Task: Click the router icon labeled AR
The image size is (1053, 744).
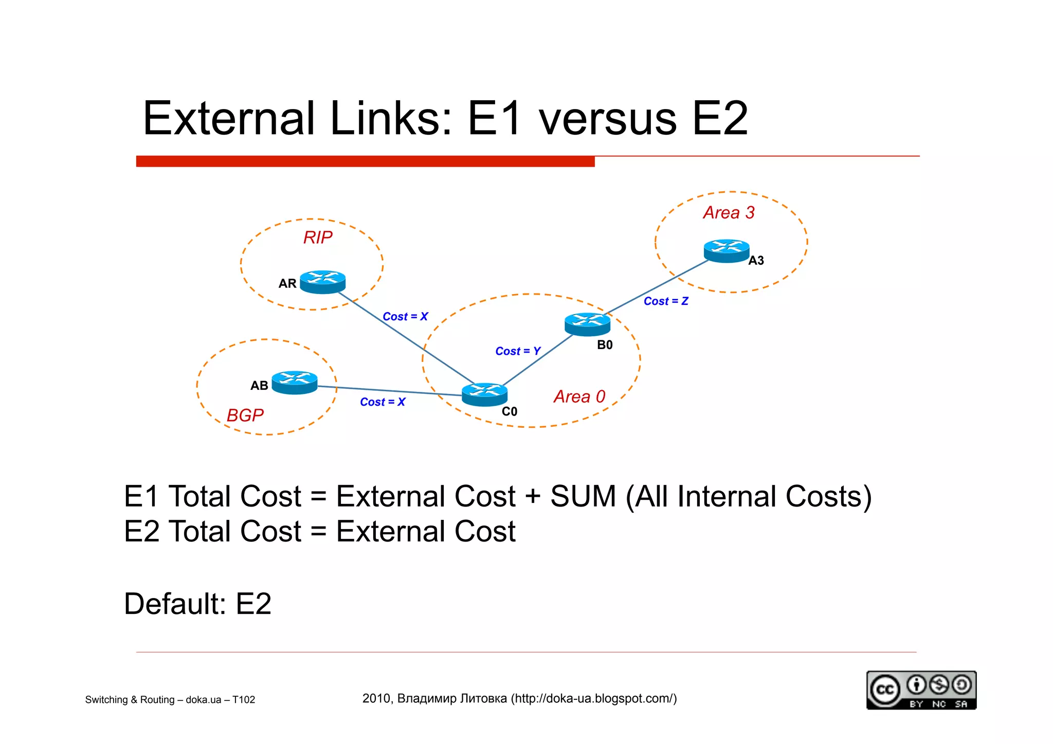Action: (322, 282)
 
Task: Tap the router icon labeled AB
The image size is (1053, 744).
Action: (294, 383)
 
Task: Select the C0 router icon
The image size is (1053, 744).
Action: (484, 394)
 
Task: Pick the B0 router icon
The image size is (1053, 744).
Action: (587, 324)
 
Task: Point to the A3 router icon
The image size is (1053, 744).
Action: (726, 250)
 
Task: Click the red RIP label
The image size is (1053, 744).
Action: (318, 238)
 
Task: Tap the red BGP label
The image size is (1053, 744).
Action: (245, 415)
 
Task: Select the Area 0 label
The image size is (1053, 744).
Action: (579, 396)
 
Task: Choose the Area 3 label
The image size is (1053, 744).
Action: (729, 212)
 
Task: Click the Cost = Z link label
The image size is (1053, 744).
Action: (666, 301)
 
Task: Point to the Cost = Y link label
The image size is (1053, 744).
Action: (518, 351)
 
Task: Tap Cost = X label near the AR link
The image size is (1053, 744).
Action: (405, 317)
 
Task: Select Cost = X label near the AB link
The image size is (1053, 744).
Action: (383, 402)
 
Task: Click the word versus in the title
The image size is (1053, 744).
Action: (608, 119)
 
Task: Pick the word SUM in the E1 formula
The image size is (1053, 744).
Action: (583, 497)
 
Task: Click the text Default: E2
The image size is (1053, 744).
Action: (197, 604)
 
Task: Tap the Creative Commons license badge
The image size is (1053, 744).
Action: (921, 690)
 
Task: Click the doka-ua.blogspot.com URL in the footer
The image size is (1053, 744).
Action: (593, 698)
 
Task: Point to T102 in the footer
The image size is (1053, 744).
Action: (244, 700)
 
